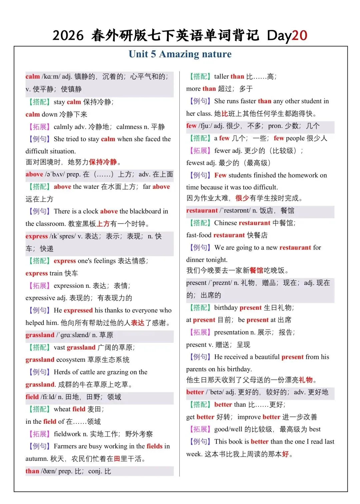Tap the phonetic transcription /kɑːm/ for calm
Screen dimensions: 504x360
[x=51, y=77]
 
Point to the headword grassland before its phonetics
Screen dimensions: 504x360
[x=40, y=335]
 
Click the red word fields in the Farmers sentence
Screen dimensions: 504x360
[x=154, y=446]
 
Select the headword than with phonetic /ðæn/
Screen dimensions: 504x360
[x=32, y=471]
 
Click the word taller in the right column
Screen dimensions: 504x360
[x=221, y=77]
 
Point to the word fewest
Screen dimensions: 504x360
[x=195, y=163]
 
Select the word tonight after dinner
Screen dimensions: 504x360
[x=217, y=260]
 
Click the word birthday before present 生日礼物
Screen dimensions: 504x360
[x=226, y=307]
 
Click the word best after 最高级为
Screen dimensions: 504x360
[x=315, y=429]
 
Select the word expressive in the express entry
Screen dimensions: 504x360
[x=40, y=298]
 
